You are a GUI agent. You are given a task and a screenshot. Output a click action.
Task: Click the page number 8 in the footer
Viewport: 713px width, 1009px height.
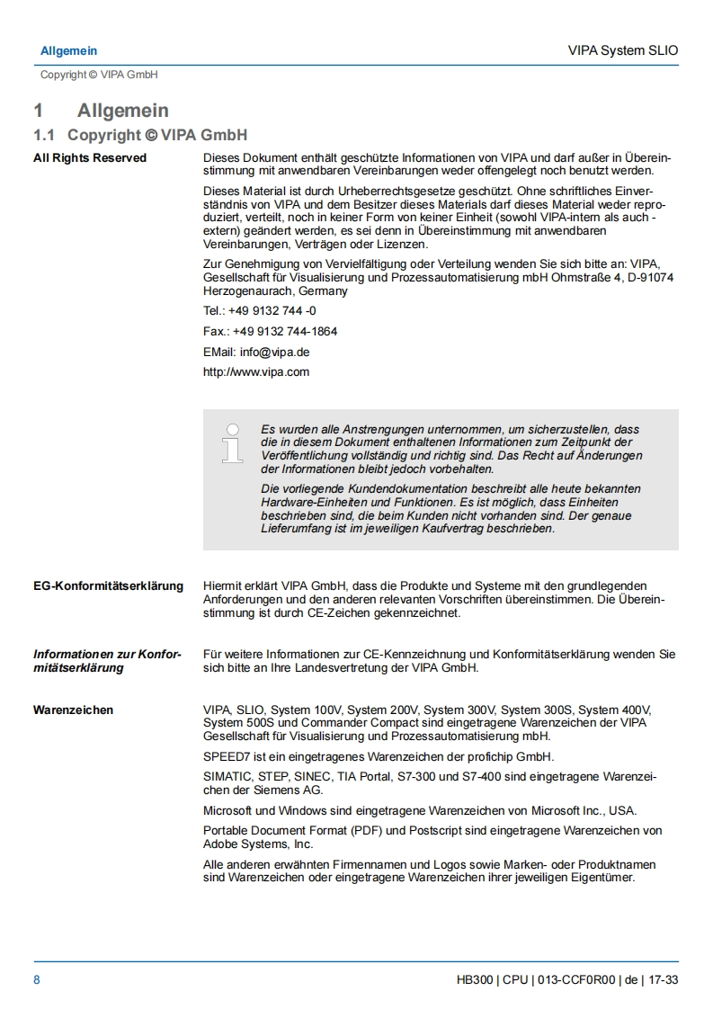click(x=37, y=979)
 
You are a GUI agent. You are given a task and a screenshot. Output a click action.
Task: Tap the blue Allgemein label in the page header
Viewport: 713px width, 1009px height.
click(x=68, y=51)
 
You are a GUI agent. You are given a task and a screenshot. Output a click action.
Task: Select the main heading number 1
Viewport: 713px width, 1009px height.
click(x=39, y=111)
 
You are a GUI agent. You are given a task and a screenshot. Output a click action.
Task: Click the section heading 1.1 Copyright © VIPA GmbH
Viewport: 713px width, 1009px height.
click(x=139, y=136)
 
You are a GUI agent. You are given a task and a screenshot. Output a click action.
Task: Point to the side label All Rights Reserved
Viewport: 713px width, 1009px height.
click(x=90, y=158)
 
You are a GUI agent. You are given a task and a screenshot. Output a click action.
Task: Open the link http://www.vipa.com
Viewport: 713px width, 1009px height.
click(x=256, y=372)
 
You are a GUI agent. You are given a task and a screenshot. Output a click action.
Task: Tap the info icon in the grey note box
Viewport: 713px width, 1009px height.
click(x=233, y=443)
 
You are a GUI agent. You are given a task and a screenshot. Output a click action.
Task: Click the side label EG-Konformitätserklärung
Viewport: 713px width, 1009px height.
click(x=108, y=586)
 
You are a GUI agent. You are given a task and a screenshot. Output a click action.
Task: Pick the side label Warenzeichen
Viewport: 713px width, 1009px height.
click(x=74, y=710)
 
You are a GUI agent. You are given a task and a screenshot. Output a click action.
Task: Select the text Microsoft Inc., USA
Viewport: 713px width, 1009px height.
click(x=584, y=810)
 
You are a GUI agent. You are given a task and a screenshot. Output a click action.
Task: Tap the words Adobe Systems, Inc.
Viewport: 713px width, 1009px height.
click(x=258, y=844)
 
